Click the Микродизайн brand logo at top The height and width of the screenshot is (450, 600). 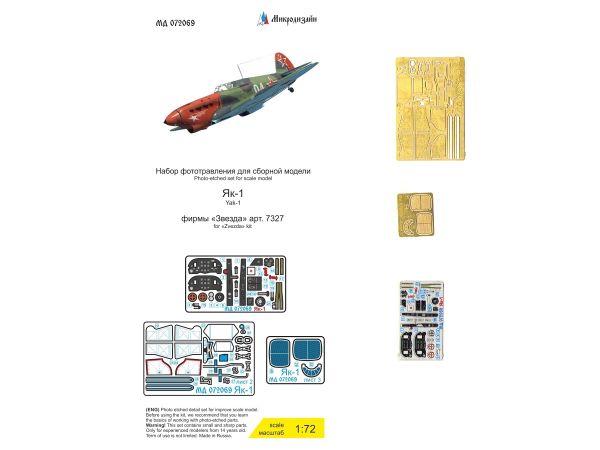click(287, 19)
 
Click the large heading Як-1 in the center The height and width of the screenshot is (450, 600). click(233, 193)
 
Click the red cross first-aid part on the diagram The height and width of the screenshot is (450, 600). click(251, 269)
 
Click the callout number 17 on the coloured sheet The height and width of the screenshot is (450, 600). click(281, 278)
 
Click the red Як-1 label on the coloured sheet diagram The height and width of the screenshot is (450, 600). click(260, 309)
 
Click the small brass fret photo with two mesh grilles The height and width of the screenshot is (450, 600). click(415, 213)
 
